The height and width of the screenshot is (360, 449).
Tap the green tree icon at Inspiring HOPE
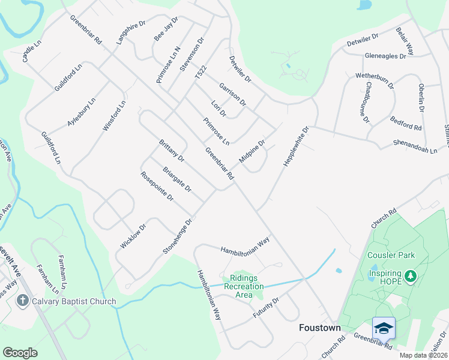pyautogui.click(x=411, y=276)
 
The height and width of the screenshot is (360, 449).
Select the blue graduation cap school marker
pyautogui.click(x=384, y=328)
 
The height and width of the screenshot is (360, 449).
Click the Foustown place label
pyautogui.click(x=320, y=328)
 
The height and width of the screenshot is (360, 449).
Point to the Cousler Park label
pyautogui.click(x=391, y=255)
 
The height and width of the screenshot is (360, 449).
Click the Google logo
pyautogui.click(x=20, y=353)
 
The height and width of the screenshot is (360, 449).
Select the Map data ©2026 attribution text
pyautogui.click(x=423, y=355)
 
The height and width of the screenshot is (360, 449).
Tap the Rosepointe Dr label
pyautogui.click(x=157, y=186)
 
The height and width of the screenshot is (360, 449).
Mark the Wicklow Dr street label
pyautogui.click(x=133, y=236)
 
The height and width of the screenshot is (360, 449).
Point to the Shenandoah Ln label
pyautogui.click(x=415, y=147)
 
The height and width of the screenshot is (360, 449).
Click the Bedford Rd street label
pyautogui.click(x=406, y=123)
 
